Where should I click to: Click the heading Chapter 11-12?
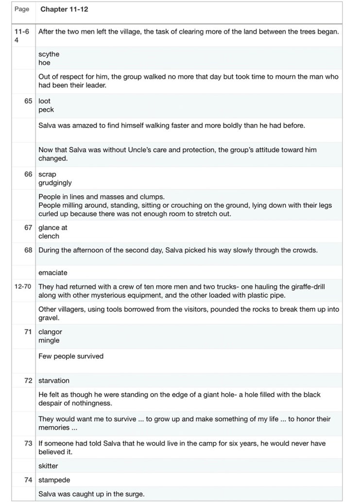64,9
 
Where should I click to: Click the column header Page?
22,9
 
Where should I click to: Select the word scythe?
49,54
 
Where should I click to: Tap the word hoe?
44,63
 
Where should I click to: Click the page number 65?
28,101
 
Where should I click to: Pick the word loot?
44,101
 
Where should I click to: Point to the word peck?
46,110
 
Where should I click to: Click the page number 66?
28,174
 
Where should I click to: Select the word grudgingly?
55,183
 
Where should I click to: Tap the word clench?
49,236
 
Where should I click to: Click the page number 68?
28,250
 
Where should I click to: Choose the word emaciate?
53,272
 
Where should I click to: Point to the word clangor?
50,332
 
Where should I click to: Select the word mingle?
49,340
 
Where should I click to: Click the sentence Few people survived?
71,356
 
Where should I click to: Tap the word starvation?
54,380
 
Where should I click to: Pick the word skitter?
48,466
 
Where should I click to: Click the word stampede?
54,480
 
